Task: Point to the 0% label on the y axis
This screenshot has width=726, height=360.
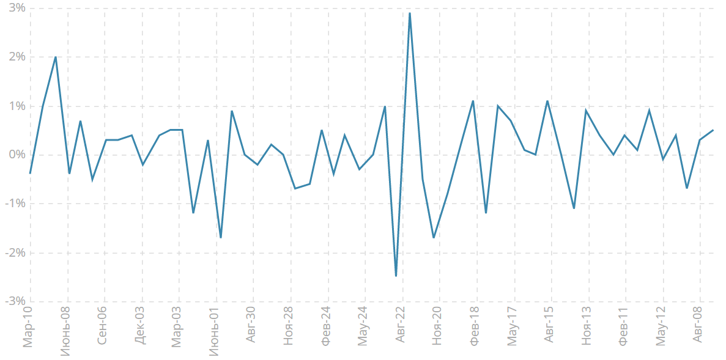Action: (x=17, y=155)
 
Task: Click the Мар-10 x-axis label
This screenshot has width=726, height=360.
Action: (x=28, y=328)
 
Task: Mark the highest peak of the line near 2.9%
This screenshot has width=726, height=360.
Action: (x=409, y=13)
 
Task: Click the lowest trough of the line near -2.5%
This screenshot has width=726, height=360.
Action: (x=396, y=276)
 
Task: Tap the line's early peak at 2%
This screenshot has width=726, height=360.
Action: (x=56, y=57)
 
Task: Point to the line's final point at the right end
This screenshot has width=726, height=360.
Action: (x=713, y=130)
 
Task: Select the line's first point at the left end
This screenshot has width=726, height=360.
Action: (x=30, y=174)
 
